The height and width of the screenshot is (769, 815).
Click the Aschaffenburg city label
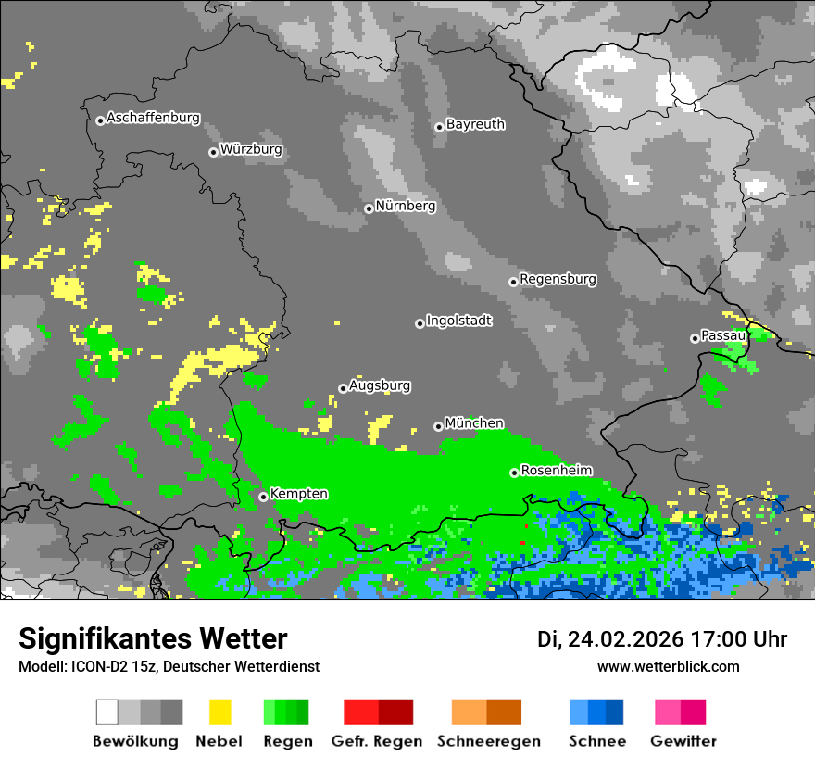pyautogui.click(x=153, y=119)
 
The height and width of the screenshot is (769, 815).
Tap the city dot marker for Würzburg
pyautogui.click(x=213, y=152)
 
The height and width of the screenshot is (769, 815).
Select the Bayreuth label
pyautogui.click(x=475, y=124)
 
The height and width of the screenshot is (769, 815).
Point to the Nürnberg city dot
pyautogui.click(x=369, y=208)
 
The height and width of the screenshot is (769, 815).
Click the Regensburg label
pyautogui.click(x=558, y=279)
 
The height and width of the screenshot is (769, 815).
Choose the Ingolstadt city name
pyautogui.click(x=458, y=321)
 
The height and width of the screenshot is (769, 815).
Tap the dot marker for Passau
pyautogui.click(x=695, y=338)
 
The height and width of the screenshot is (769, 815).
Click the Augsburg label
pyautogui.click(x=380, y=385)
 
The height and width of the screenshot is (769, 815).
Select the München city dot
pyautogui.click(x=438, y=426)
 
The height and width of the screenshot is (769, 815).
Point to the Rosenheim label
pyautogui.click(x=556, y=470)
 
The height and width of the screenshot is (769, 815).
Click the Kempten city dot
pyautogui.click(x=263, y=497)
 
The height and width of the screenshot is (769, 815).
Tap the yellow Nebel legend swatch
pyautogui.click(x=219, y=712)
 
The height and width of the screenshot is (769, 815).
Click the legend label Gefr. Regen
pyautogui.click(x=376, y=741)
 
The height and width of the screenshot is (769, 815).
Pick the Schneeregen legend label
pyautogui.click(x=489, y=741)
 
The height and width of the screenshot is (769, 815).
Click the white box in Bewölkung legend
pyautogui.click(x=107, y=712)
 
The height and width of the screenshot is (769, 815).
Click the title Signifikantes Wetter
pyautogui.click(x=153, y=639)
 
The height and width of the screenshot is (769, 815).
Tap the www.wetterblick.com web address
pyautogui.click(x=668, y=666)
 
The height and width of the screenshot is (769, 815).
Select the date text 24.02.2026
pyautogui.click(x=625, y=639)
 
